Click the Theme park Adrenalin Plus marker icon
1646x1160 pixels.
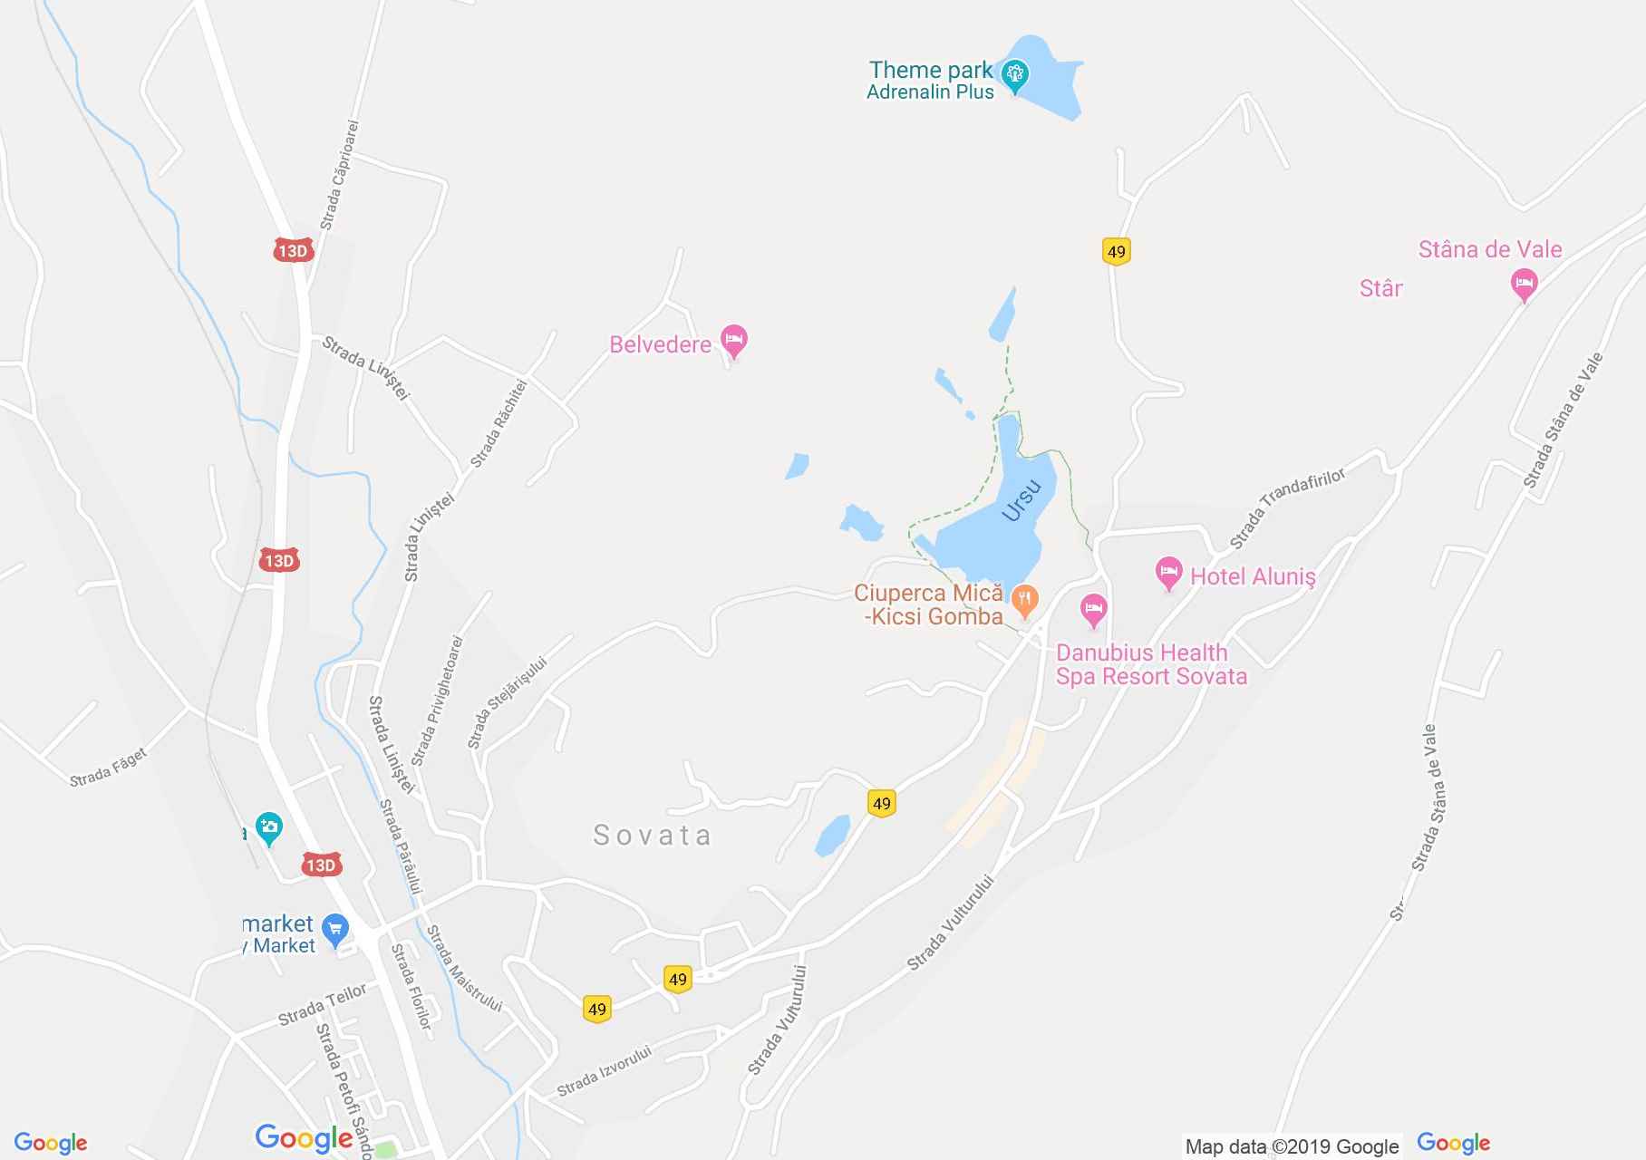(x=1014, y=73)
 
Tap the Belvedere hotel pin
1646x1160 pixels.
(x=733, y=341)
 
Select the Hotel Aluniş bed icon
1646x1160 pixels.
(x=1168, y=573)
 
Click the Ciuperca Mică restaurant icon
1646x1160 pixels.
(x=1024, y=598)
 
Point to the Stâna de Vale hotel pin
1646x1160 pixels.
(x=1524, y=285)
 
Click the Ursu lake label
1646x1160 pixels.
(x=1021, y=499)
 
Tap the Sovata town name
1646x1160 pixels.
(x=652, y=835)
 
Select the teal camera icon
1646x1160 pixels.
(x=268, y=826)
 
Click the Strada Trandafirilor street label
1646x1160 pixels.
(x=1287, y=508)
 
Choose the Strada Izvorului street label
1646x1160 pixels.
(x=604, y=1071)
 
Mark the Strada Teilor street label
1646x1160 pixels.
(x=322, y=1004)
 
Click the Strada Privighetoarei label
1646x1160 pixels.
(x=437, y=701)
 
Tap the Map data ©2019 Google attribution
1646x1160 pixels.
(x=1292, y=1146)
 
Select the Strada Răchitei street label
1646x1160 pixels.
(x=499, y=424)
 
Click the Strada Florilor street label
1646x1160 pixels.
(x=411, y=986)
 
